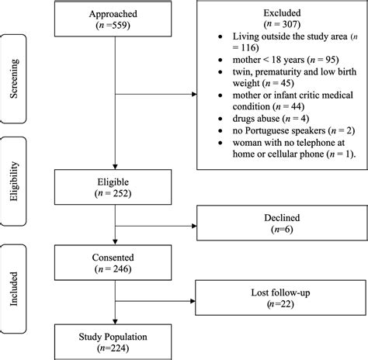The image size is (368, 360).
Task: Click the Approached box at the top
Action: (115, 19)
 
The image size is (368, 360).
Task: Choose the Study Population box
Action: (115, 342)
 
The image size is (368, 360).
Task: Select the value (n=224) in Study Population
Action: (115, 348)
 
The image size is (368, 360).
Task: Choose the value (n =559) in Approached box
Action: (115, 25)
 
